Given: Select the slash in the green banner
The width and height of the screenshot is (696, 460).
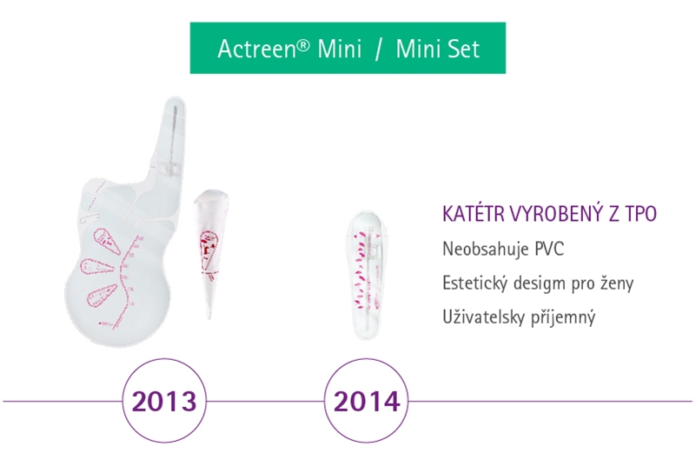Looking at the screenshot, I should (378, 48).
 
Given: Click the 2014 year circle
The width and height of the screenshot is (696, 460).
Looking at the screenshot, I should (365, 402).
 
